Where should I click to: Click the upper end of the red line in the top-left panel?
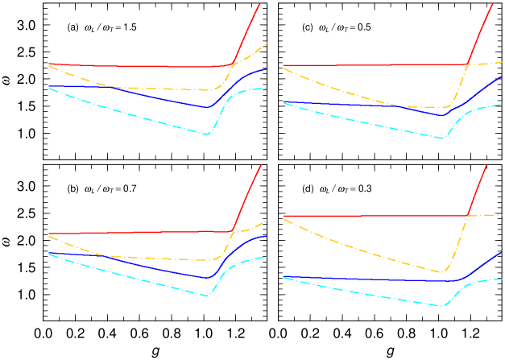pyautogui.click(x=260, y=3)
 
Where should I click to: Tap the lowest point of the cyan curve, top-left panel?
pyautogui.click(x=207, y=134)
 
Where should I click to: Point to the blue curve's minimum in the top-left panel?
pyautogui.click(x=207, y=106)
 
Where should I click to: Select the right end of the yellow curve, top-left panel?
pyautogui.click(x=267, y=43)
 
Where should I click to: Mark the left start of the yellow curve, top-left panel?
pyautogui.click(x=48, y=66)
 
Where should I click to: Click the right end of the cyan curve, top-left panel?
pyautogui.click(x=267, y=88)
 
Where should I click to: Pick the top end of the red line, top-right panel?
pyautogui.click(x=493, y=3)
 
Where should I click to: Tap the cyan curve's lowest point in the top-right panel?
pyautogui.click(x=441, y=138)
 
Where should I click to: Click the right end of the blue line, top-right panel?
pyautogui.click(x=502, y=77)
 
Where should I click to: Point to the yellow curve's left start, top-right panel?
pyautogui.click(x=284, y=68)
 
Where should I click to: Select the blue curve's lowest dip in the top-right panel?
pyautogui.click(x=442, y=115)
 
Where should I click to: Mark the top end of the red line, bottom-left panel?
pyautogui.click(x=261, y=165)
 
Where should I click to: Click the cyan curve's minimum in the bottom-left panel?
pyautogui.click(x=208, y=296)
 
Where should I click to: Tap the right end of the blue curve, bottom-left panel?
pyautogui.click(x=267, y=236)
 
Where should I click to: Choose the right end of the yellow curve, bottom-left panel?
pyautogui.click(x=267, y=221)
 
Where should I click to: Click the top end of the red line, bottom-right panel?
pyautogui.click(x=487, y=165)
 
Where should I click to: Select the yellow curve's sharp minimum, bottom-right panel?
pyautogui.click(x=441, y=272)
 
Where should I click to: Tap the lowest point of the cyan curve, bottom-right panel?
pyautogui.click(x=441, y=306)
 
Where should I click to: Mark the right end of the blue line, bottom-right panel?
pyautogui.click(x=502, y=252)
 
